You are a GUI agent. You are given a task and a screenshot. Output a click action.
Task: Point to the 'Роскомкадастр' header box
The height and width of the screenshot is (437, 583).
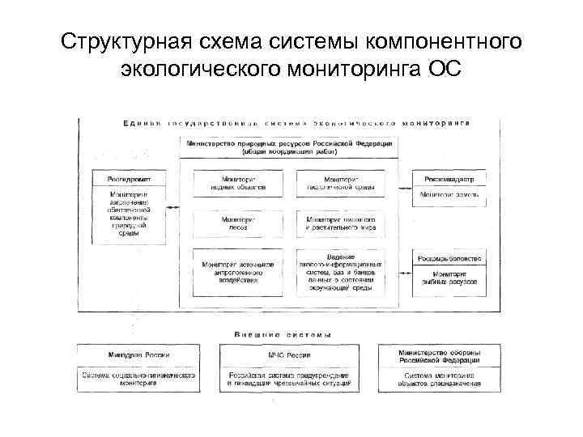449,179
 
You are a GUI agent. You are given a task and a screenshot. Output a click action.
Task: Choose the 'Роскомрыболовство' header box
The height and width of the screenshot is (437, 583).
449,258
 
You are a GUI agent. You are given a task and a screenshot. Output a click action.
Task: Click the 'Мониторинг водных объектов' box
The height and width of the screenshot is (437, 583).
239,184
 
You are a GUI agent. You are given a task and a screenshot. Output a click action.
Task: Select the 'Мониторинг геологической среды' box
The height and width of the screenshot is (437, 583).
341,184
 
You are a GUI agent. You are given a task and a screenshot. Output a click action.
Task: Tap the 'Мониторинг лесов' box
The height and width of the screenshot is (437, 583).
239,223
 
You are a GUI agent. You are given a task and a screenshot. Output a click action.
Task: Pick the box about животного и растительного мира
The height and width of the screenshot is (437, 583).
341,223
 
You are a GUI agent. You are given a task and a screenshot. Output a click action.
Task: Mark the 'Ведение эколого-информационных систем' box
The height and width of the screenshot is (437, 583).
341,272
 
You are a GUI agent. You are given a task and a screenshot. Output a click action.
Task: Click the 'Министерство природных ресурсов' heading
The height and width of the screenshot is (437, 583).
290,146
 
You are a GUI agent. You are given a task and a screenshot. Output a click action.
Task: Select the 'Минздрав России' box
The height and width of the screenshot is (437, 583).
138,355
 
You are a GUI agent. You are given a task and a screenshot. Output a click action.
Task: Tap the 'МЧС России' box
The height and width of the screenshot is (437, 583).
289,355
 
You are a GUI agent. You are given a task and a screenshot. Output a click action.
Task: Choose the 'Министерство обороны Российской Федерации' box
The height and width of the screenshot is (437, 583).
440,355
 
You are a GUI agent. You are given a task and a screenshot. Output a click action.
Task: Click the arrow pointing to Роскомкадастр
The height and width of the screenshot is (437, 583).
404,179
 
